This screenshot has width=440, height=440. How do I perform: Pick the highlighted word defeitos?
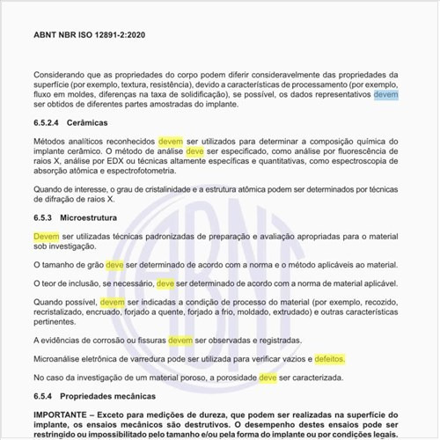pyautogui.click(x=330, y=359)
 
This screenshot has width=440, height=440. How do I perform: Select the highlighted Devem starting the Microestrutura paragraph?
pyautogui.click(x=47, y=237)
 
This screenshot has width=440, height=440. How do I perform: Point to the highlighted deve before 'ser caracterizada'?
pyautogui.click(x=268, y=378)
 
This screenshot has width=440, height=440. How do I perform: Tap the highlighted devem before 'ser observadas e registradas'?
pyautogui.click(x=180, y=340)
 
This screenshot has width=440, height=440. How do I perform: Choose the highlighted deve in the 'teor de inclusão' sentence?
pyautogui.click(x=165, y=283)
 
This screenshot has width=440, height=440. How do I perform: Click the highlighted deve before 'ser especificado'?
pyautogui.click(x=195, y=151)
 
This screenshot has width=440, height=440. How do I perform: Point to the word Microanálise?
pyautogui.click(x=62, y=359)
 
